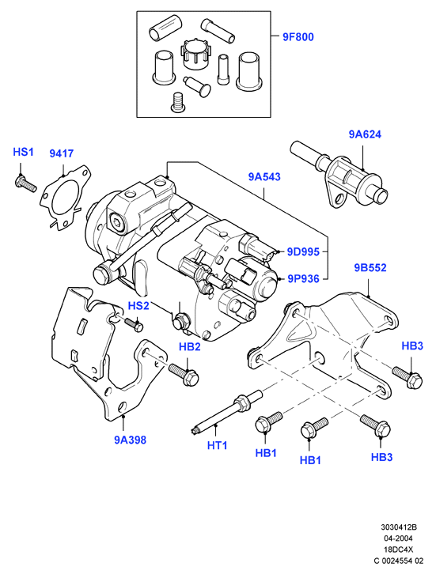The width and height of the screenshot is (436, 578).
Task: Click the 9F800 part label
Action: pos(298,37)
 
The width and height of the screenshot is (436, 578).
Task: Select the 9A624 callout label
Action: pos(365,134)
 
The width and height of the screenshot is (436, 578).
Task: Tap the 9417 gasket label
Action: pos(62,153)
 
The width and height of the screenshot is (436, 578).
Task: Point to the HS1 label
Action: pos(23,152)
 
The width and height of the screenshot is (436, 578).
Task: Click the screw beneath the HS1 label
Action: pos(26,183)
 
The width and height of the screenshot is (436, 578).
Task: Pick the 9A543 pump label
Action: pos(264,176)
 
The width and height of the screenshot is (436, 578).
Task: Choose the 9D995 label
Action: pos(303,251)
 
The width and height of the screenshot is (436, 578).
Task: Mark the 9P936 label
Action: pos(303,278)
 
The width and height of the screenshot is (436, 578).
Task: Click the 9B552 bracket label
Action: pos(370,267)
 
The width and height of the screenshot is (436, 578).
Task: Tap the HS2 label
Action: pos(138,305)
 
